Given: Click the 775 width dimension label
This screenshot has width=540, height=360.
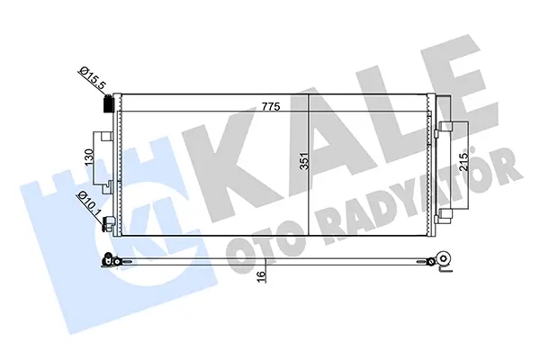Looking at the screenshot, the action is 271,106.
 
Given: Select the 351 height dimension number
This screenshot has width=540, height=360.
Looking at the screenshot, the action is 304,160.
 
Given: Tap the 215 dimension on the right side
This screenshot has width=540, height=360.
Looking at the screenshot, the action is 463,161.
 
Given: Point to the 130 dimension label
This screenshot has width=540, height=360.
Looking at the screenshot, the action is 89,157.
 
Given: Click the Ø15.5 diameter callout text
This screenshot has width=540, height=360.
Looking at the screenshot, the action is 93,79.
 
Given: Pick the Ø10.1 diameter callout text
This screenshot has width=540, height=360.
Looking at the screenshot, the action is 89,203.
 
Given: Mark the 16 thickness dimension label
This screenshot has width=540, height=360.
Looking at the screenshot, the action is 262,276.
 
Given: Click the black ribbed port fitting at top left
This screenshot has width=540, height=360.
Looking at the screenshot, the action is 109,103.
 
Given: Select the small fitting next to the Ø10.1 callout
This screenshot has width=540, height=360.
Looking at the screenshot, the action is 107,224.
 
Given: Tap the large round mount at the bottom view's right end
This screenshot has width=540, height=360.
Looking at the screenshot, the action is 444,258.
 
